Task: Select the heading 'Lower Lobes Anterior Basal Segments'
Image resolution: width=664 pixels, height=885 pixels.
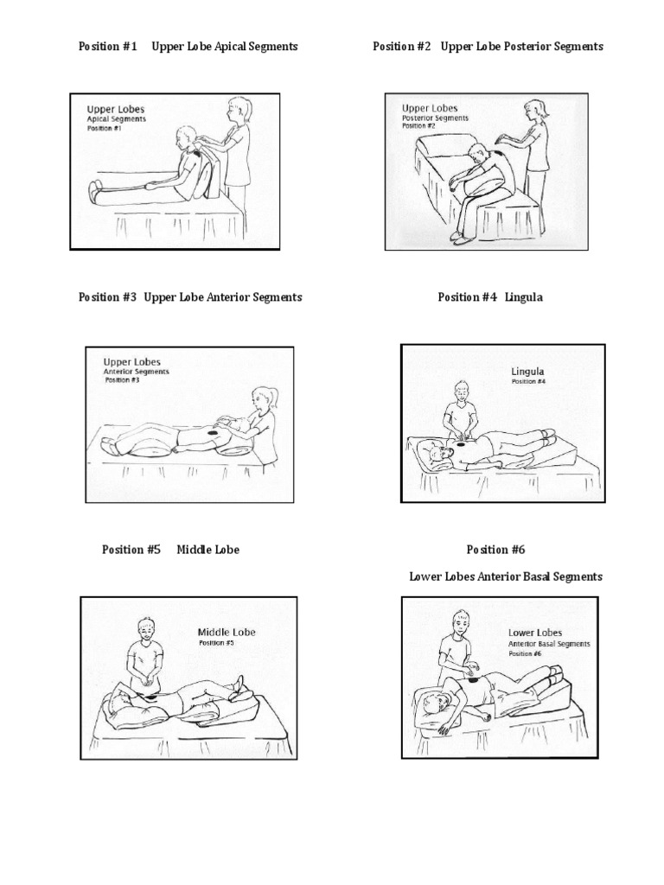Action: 506,576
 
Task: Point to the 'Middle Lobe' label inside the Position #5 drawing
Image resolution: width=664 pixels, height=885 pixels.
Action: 227,632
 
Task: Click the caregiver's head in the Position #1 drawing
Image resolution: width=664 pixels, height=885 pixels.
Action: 236,110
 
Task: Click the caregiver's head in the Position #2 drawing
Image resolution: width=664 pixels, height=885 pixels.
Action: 536,110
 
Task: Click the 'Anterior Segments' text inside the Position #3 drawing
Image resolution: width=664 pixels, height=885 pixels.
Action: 136,372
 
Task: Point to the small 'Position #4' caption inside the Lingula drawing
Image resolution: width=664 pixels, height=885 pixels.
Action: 528,381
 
